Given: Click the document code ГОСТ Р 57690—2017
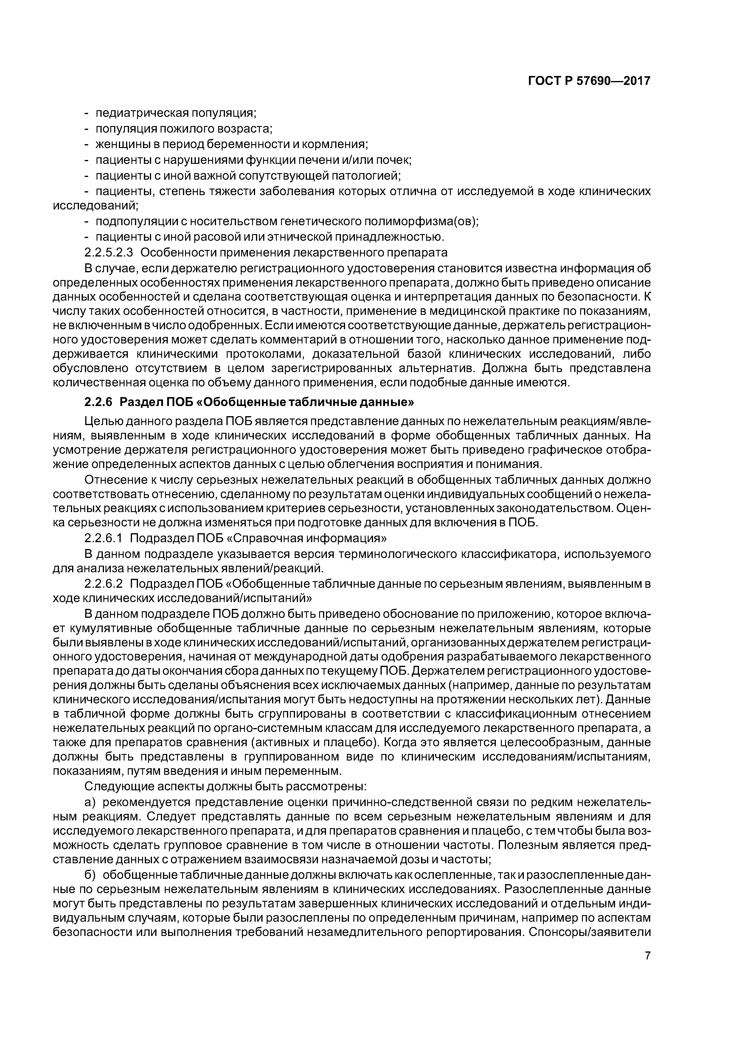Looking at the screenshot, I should tap(589, 81).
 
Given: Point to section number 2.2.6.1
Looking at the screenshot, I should tap(104, 538).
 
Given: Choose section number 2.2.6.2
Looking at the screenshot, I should tap(104, 583).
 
